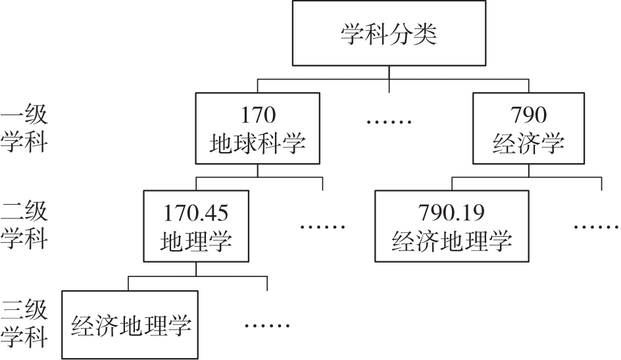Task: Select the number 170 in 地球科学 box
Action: coord(258,116)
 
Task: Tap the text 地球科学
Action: coord(258,143)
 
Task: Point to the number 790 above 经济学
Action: coord(528,116)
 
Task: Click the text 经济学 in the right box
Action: coord(528,143)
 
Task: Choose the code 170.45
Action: coord(197,213)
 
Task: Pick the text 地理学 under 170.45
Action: coord(197,241)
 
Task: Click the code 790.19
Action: coord(451,213)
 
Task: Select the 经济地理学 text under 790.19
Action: coord(451,241)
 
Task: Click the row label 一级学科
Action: coord(24,129)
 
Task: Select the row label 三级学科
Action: coord(24,324)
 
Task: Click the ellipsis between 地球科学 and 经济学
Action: coord(389,122)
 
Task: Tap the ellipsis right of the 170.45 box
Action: coord(323,226)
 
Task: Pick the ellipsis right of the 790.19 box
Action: coord(596,226)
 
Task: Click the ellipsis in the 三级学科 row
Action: coord(267,325)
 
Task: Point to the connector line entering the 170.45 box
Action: coord(197,184)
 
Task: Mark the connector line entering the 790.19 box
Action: coord(452,184)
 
